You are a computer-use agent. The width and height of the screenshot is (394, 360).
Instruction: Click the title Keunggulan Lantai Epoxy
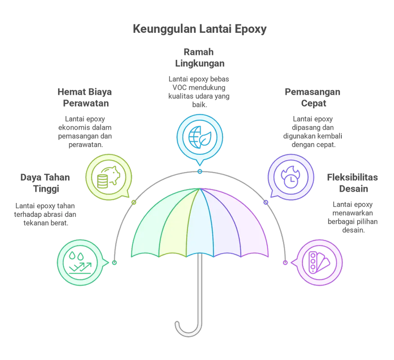[200, 29]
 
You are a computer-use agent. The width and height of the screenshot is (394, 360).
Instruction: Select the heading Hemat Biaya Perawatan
[85, 97]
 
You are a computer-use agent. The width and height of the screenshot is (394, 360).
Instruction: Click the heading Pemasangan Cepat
[312, 97]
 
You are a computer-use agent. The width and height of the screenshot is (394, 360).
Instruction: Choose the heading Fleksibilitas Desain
[352, 183]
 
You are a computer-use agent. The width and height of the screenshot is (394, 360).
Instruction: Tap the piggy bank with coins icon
[109, 177]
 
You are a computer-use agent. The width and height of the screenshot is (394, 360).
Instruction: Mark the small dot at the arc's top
[200, 172]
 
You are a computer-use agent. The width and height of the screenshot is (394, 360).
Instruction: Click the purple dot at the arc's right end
[285, 262]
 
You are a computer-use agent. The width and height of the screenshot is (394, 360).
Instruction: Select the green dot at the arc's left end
[115, 262]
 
